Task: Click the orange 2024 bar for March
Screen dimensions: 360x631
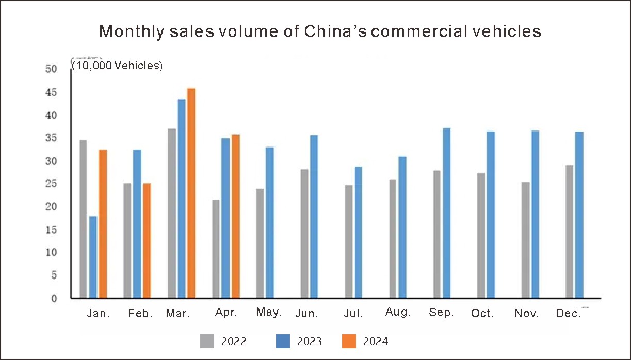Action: (x=191, y=193)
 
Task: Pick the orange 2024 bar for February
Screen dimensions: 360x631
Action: (x=147, y=240)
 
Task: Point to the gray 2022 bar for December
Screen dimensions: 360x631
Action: (x=570, y=232)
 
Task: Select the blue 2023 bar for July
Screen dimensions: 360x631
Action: (x=358, y=232)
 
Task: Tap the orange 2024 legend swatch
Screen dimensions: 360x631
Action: (x=349, y=341)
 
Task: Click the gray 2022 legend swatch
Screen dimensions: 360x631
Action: (x=207, y=341)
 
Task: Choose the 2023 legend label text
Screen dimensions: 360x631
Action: (x=310, y=341)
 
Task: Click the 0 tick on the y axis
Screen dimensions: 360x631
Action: (x=54, y=298)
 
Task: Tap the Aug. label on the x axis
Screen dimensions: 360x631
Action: (x=398, y=313)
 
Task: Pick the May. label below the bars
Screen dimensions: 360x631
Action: (x=269, y=313)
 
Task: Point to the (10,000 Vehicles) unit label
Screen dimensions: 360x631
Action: (x=117, y=66)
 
